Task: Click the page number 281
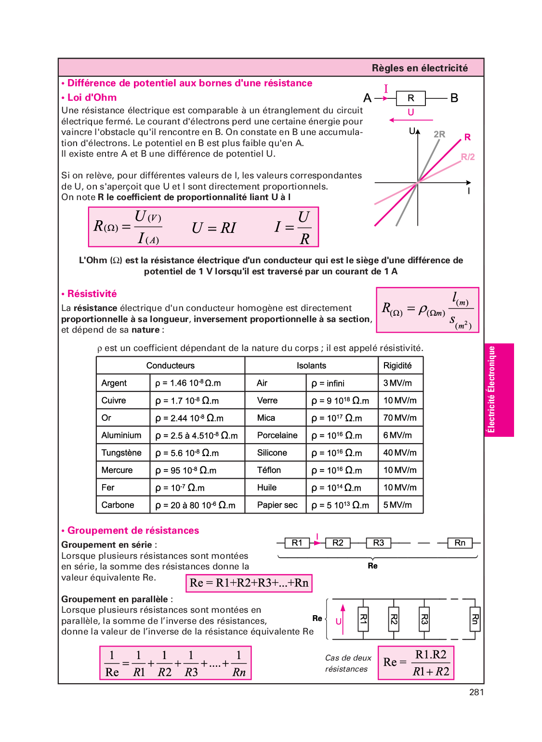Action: (x=476, y=692)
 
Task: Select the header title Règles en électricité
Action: (x=420, y=68)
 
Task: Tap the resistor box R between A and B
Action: (x=410, y=98)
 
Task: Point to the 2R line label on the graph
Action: (x=439, y=135)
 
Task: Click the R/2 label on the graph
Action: (x=467, y=157)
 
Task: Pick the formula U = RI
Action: (x=214, y=228)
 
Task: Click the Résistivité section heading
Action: (x=92, y=294)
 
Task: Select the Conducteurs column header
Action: (x=171, y=365)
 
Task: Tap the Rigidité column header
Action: (x=397, y=365)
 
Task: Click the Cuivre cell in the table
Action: (x=114, y=401)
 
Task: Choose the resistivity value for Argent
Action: (x=188, y=383)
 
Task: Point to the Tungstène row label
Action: (x=121, y=453)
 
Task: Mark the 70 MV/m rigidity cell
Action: (x=400, y=418)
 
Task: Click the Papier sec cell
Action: (x=277, y=505)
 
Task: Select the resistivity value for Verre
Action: (x=340, y=401)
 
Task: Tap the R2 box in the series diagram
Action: (x=338, y=543)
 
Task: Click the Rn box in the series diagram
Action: (x=460, y=543)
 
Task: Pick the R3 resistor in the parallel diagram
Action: (x=424, y=619)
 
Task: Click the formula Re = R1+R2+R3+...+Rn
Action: (x=249, y=583)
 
